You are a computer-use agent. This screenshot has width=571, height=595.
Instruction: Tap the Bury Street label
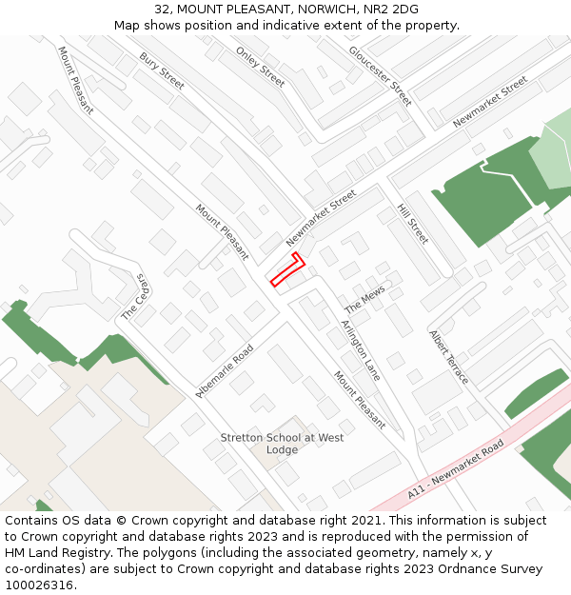click(x=162, y=71)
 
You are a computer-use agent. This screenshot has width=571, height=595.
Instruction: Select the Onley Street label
click(x=260, y=67)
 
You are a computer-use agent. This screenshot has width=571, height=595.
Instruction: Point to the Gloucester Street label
click(x=380, y=75)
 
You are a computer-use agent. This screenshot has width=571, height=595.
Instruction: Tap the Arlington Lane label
click(x=361, y=350)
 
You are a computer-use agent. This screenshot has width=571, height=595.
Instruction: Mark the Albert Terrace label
click(x=448, y=357)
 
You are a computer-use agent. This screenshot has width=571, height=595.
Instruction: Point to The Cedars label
click(x=137, y=297)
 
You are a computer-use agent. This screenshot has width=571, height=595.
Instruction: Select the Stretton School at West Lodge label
click(x=282, y=444)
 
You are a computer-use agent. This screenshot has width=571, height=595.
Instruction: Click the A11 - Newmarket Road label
click(x=456, y=469)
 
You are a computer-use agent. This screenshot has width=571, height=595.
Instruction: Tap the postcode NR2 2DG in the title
click(x=391, y=9)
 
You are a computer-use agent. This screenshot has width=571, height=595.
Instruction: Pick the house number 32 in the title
click(x=163, y=9)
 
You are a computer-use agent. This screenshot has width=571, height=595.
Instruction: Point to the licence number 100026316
click(x=41, y=585)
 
